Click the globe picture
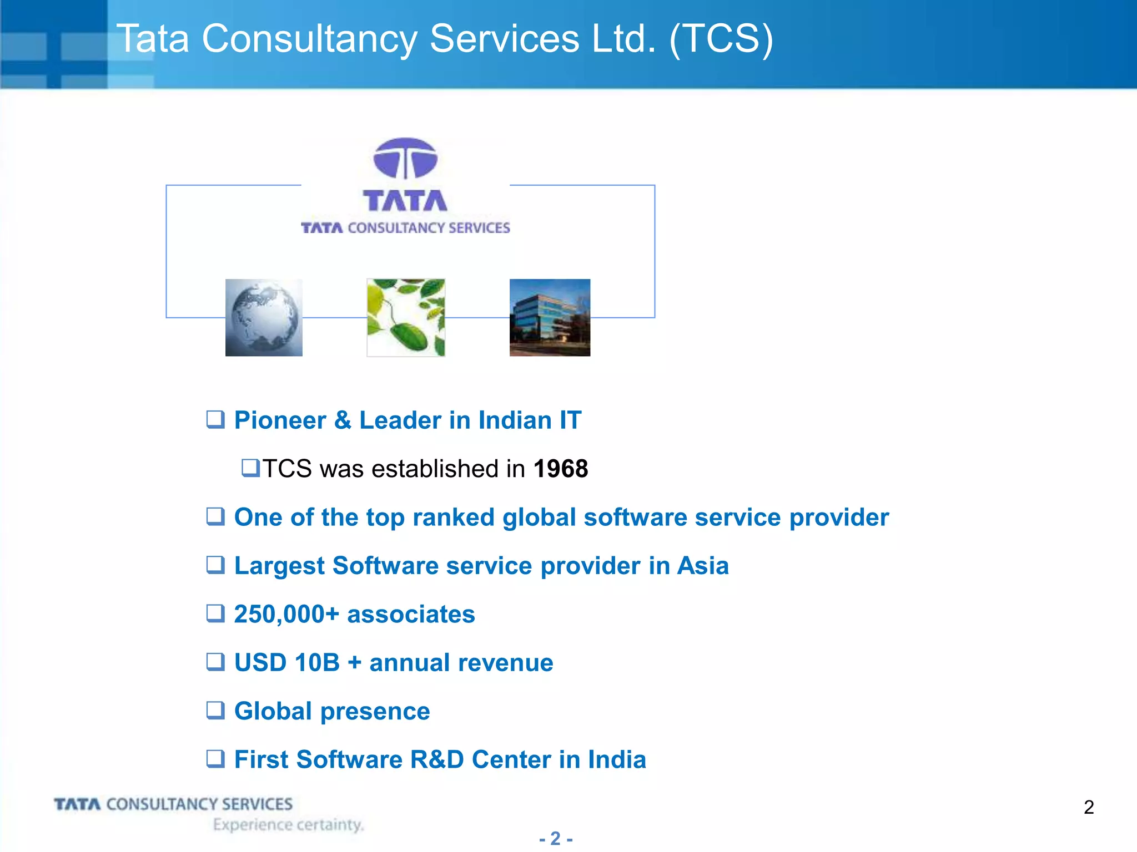click(x=264, y=317)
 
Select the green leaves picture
click(x=406, y=317)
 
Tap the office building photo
click(x=550, y=317)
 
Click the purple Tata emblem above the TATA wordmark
click(x=405, y=159)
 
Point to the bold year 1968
click(x=560, y=469)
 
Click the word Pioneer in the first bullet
click(x=280, y=420)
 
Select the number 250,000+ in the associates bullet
click(x=286, y=615)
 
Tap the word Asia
click(x=702, y=566)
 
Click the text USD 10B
click(x=286, y=663)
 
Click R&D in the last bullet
click(x=436, y=760)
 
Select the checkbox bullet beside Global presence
click(x=215, y=711)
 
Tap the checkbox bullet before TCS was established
click(x=250, y=468)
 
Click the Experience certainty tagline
click(x=288, y=825)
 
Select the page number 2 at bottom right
click(x=1089, y=807)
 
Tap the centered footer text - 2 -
click(x=556, y=838)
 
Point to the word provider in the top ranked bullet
click(x=839, y=518)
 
